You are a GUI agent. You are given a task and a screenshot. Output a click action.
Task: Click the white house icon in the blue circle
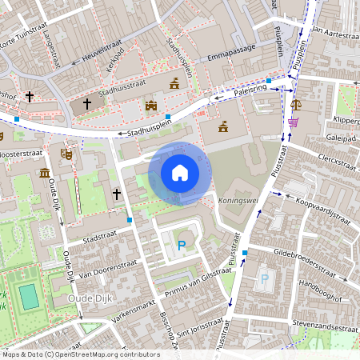[180, 173]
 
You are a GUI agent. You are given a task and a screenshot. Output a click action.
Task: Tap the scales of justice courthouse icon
[298, 104]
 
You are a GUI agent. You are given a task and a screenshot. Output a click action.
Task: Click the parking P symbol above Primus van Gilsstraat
[182, 245]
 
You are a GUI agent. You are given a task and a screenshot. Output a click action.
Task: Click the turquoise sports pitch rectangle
[29, 297]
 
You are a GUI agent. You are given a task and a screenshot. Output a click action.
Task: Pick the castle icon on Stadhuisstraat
[150, 104]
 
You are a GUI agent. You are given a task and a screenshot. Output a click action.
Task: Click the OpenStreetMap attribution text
[80, 354]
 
